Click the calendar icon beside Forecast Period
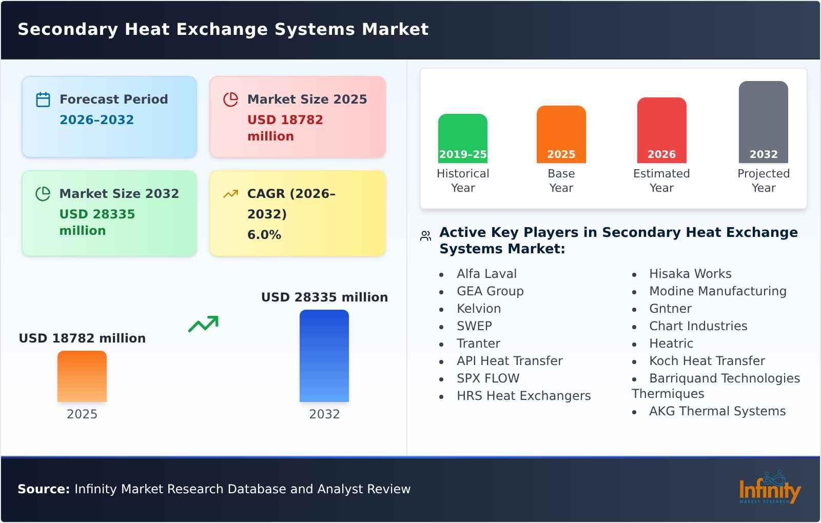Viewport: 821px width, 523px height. click(x=43, y=99)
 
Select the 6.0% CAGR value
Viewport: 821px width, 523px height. click(x=264, y=235)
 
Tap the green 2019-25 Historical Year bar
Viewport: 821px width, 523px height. click(x=462, y=138)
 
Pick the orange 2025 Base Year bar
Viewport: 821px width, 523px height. click(x=561, y=134)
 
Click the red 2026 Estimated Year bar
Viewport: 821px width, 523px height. click(x=661, y=130)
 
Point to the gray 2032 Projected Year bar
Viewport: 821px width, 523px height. click(x=763, y=122)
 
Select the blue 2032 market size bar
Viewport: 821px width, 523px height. click(x=324, y=356)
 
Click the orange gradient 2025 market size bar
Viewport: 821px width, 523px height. click(x=82, y=376)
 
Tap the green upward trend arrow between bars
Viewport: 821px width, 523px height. click(x=203, y=324)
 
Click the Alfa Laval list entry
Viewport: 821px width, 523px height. click(x=486, y=274)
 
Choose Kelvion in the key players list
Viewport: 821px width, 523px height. click(x=479, y=309)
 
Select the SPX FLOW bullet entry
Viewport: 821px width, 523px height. click(x=488, y=378)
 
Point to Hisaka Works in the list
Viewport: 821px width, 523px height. click(x=690, y=274)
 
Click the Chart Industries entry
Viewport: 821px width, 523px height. click(x=698, y=326)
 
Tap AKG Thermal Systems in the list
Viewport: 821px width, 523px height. click(x=717, y=411)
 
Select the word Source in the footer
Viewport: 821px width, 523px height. click(x=43, y=489)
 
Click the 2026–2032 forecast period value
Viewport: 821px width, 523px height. click(x=96, y=120)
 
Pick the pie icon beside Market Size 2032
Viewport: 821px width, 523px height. click(x=43, y=194)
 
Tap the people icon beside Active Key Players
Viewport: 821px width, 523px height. click(x=425, y=236)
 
